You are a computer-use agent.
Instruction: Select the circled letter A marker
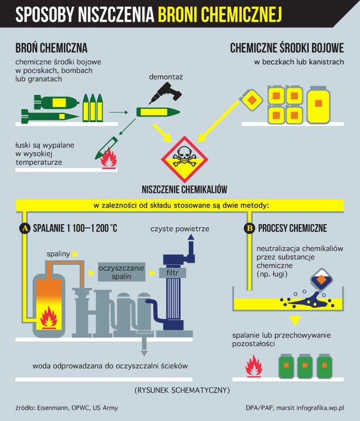pyautogui.click(x=24, y=228)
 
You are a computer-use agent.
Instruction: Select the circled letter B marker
pyautogui.click(x=249, y=228)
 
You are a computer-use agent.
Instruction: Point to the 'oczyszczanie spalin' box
pyautogui.click(x=122, y=272)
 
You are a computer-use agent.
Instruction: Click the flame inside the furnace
pyautogui.click(x=50, y=318)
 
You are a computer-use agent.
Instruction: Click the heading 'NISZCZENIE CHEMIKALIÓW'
pyautogui.click(x=184, y=190)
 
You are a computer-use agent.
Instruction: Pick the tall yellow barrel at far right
pyautogui.click(x=319, y=103)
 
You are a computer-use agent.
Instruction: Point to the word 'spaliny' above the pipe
pyautogui.click(x=58, y=254)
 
